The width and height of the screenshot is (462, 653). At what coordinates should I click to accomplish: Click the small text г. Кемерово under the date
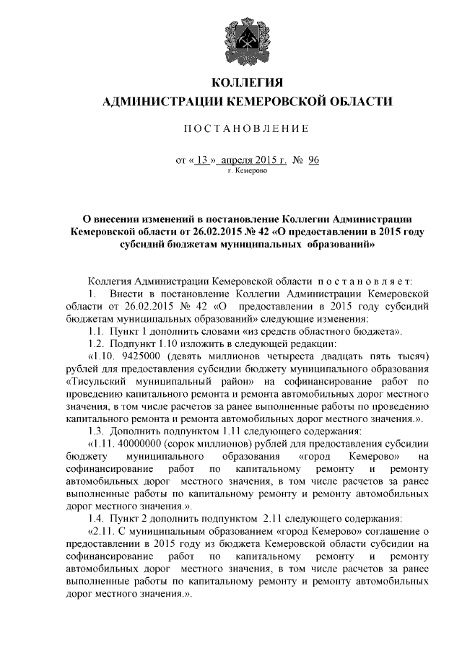pyautogui.click(x=247, y=172)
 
